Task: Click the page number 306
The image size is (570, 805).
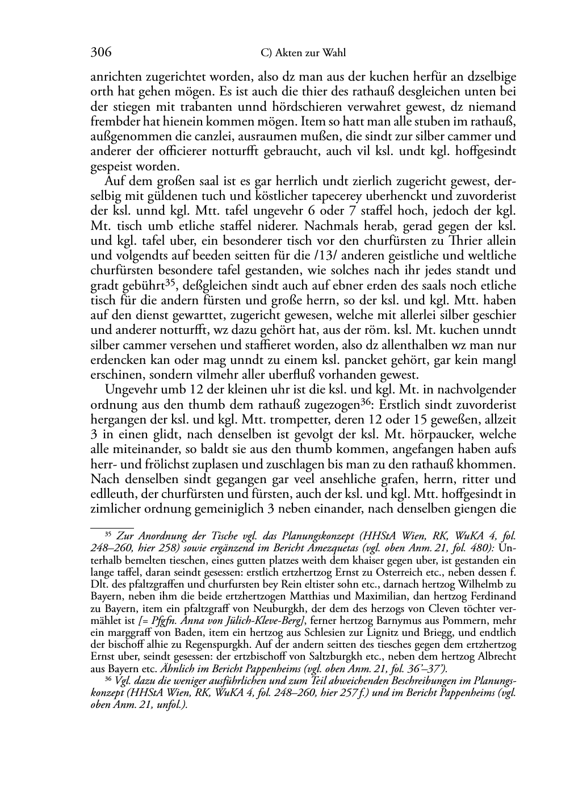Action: pos(100,53)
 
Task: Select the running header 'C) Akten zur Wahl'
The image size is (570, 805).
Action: pos(303,53)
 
